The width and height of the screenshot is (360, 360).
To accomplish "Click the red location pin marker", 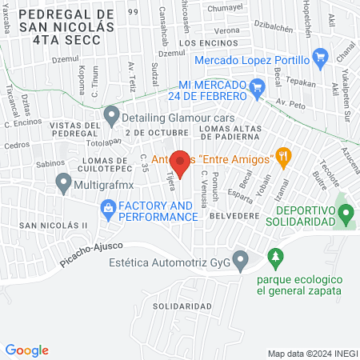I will (x=180, y=163).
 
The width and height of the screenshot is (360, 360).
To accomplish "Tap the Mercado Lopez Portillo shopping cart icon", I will (x=321, y=58).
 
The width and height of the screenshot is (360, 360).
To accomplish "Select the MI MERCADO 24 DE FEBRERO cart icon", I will (x=257, y=86).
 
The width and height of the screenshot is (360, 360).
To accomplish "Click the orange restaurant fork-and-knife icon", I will (x=282, y=155).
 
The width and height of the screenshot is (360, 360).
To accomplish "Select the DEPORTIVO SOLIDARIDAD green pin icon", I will (x=346, y=214).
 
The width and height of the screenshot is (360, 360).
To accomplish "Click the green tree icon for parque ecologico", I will (x=276, y=256).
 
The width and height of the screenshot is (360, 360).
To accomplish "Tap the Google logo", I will (x=26, y=350).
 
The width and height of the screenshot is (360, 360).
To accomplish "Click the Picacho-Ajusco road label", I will (x=87, y=254).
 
